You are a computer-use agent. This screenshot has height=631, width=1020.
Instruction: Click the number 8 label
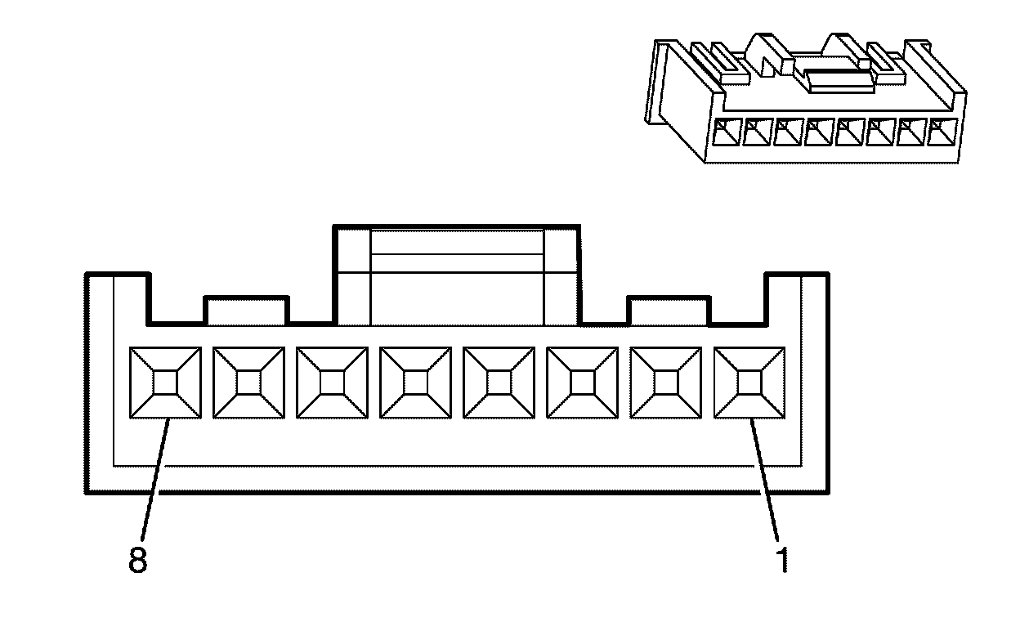pyautogui.click(x=137, y=562)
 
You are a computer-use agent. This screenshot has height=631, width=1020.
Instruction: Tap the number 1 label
pyautogui.click(x=782, y=562)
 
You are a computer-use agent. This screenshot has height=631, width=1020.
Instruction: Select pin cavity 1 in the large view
pyautogui.click(x=749, y=383)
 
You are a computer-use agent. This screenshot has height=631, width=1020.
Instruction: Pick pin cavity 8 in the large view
pyautogui.click(x=166, y=383)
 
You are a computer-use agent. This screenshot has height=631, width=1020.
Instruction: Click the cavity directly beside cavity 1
pyautogui.click(x=666, y=383)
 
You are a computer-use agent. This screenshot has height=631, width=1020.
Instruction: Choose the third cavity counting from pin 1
pyautogui.click(x=583, y=383)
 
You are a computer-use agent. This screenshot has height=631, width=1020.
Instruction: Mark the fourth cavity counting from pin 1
pyautogui.click(x=499, y=383)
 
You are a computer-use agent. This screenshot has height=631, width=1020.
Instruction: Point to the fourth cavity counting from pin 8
pyautogui.click(x=416, y=383)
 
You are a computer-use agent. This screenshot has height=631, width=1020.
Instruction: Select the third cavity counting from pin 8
pyautogui.click(x=333, y=383)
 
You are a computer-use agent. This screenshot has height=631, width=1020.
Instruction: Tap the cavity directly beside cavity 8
pyautogui.click(x=249, y=383)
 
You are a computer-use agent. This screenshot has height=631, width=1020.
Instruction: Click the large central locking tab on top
pyautogui.click(x=457, y=274)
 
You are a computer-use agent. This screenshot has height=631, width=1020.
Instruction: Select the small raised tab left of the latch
pyautogui.click(x=246, y=310)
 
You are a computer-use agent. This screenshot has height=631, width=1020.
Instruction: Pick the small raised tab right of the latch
pyautogui.click(x=669, y=310)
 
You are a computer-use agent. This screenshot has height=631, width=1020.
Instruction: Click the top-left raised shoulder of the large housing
pyautogui.click(x=118, y=294)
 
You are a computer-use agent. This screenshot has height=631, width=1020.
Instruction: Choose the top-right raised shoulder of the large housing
pyautogui.click(x=796, y=294)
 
